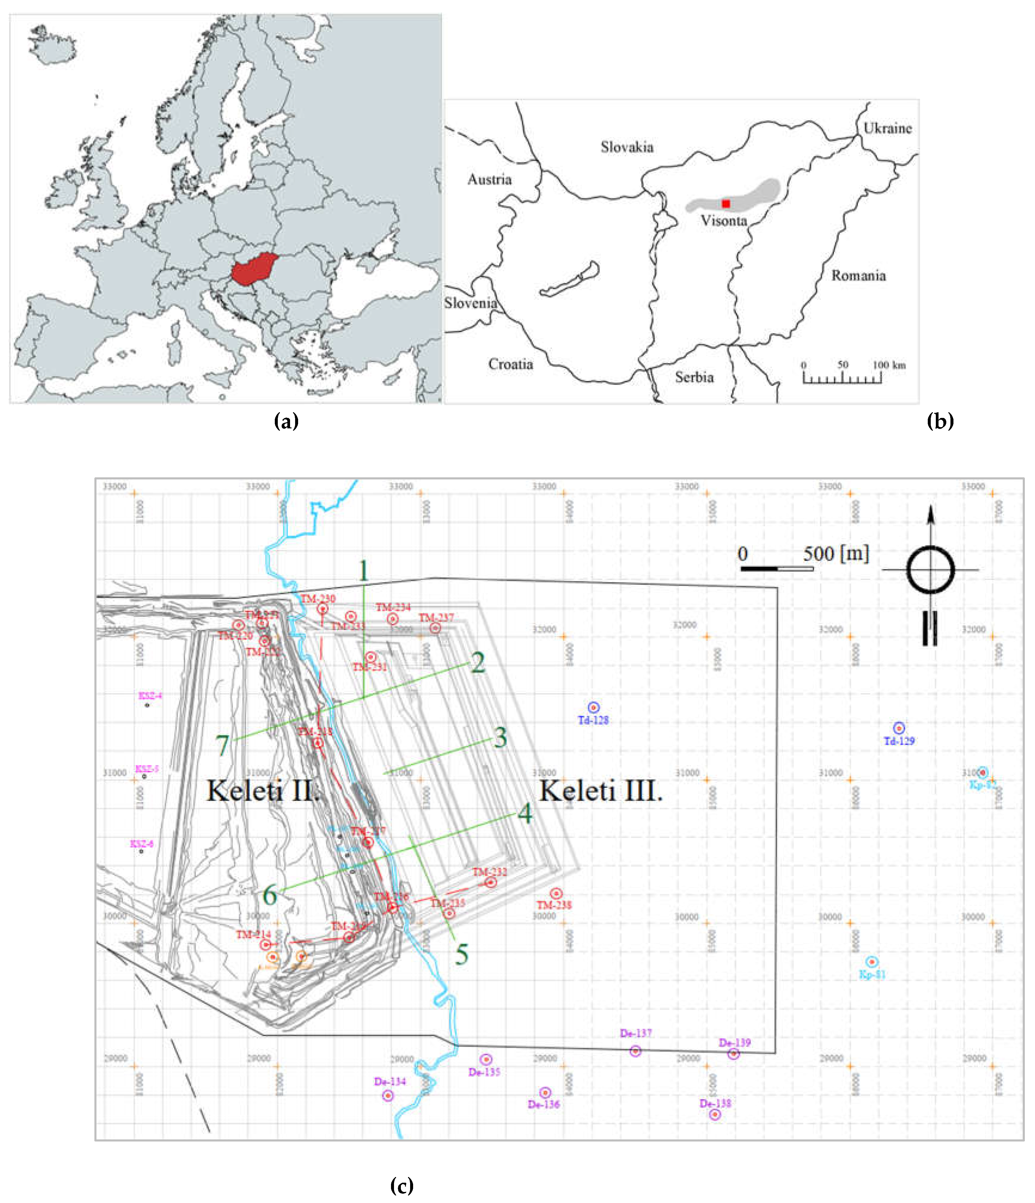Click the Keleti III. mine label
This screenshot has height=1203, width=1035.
click(601, 791)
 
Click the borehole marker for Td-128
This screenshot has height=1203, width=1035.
click(593, 707)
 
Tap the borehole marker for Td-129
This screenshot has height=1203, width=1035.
click(898, 728)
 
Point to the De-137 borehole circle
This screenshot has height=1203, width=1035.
click(635, 1051)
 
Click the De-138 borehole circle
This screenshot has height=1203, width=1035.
click(715, 1114)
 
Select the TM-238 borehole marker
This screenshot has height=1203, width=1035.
click(556, 893)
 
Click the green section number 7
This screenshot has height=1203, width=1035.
click(223, 745)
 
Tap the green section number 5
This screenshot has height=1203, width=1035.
click(462, 954)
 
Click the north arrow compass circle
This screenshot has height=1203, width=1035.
click(930, 570)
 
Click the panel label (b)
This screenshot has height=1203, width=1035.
click(940, 421)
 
